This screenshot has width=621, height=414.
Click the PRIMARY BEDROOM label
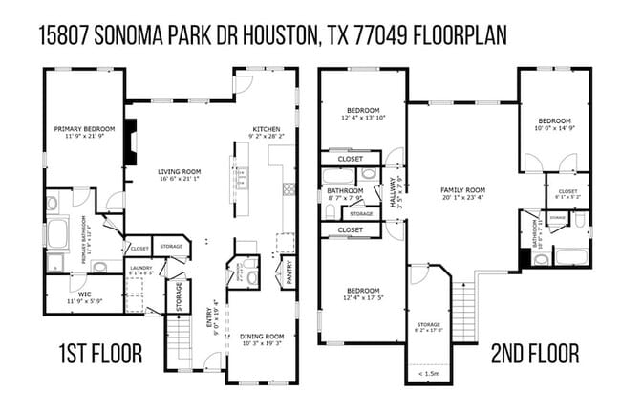pyautogui.click(x=84, y=128)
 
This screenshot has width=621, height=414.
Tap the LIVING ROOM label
pyautogui.click(x=179, y=171)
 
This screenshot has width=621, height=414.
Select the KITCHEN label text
pyautogui.click(x=266, y=128)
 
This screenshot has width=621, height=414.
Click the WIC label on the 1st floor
pyautogui.click(x=84, y=294)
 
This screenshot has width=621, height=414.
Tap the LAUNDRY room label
pyautogui.click(x=141, y=268)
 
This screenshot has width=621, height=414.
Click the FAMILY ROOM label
pyautogui.click(x=462, y=190)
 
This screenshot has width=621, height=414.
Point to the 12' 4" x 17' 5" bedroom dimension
pyautogui.click(x=363, y=297)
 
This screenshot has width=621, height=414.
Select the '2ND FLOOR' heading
pyautogui.click(x=534, y=355)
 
